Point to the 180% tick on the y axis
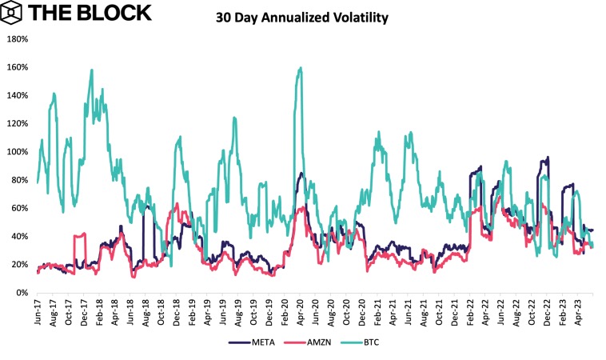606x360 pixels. pyautogui.click(x=18, y=38)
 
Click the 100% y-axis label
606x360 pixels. pyautogui.click(x=18, y=151)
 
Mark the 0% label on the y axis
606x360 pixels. pyautogui.click(x=22, y=293)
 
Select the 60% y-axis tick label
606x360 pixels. pyautogui.click(x=20, y=208)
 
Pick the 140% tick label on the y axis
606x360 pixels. pyautogui.click(x=18, y=95)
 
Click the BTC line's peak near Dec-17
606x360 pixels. pyautogui.click(x=92, y=70)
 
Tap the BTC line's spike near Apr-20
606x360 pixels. pyautogui.click(x=300, y=68)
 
